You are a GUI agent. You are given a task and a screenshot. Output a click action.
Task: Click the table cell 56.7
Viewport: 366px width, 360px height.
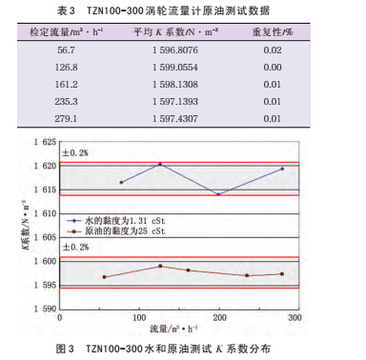tap(67, 52)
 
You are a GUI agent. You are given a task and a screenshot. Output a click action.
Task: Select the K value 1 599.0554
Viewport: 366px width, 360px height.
tap(175, 68)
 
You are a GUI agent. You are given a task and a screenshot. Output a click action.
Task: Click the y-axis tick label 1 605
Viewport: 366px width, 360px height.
tap(43, 237)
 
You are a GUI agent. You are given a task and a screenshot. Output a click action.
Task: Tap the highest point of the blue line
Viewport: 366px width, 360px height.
tap(160, 164)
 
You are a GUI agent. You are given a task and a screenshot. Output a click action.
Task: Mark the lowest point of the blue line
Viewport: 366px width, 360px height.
tap(218, 194)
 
